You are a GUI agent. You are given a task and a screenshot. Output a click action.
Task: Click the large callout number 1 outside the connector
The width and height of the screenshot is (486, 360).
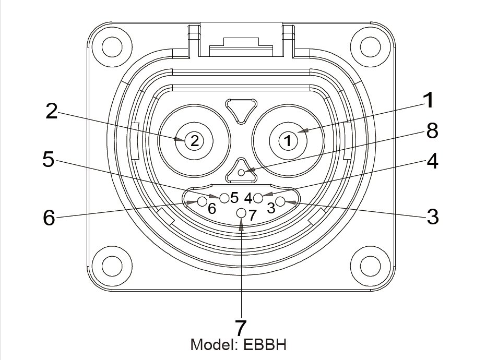tap(428, 100)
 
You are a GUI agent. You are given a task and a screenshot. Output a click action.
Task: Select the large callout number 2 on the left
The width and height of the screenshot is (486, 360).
tap(51, 111)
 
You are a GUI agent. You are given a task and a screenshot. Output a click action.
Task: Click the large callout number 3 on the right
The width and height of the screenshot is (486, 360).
tap(432, 217)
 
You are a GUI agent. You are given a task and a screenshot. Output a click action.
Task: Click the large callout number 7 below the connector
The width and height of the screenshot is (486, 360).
tap(240, 328)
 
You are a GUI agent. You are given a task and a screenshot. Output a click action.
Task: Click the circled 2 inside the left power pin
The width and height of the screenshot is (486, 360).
tap(194, 140)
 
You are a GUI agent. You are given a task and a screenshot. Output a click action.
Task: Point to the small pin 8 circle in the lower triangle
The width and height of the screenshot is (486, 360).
tap(241, 172)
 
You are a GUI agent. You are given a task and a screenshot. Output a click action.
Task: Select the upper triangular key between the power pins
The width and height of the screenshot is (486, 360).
tap(241, 110)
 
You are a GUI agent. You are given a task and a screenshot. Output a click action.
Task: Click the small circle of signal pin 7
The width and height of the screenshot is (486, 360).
tap(241, 213)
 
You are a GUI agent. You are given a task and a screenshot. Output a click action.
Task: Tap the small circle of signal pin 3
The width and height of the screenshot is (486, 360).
tap(280, 201)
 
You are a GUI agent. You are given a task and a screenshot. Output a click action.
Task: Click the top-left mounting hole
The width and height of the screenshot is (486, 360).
tap(112, 47)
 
